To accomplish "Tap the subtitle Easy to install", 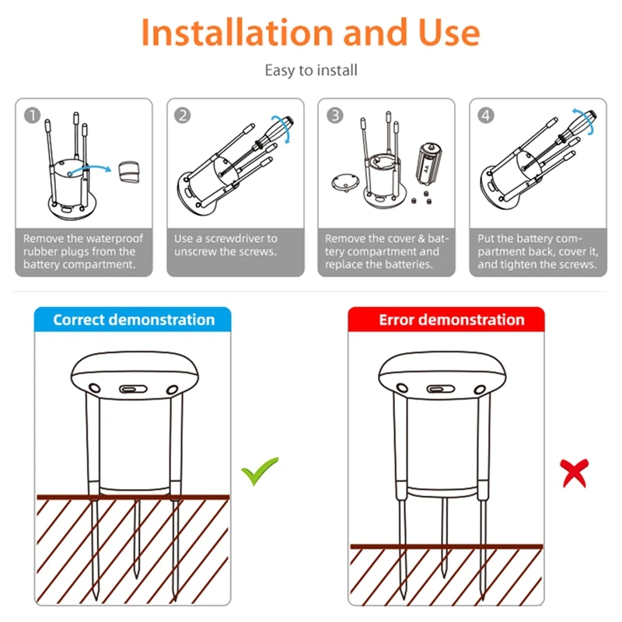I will pyautogui.click(x=311, y=71).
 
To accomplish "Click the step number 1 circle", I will pyautogui.click(x=32, y=115).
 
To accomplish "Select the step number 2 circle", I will pyautogui.click(x=183, y=115).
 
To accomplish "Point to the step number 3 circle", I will pyautogui.click(x=334, y=115).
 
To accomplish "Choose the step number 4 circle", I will pyautogui.click(x=486, y=115).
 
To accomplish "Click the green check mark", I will pyautogui.click(x=259, y=471).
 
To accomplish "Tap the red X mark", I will pyautogui.click(x=575, y=472).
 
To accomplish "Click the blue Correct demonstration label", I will pyautogui.click(x=133, y=320).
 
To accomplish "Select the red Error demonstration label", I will pyautogui.click(x=451, y=320).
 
